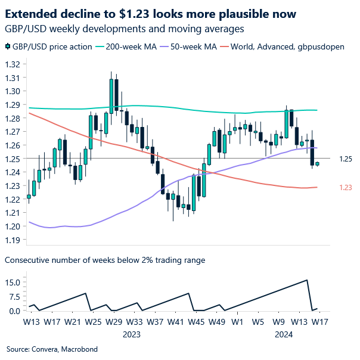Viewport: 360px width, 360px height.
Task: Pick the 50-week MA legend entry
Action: point(193,46)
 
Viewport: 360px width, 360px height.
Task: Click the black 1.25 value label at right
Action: point(345,159)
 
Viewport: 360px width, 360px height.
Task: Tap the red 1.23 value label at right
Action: point(345,187)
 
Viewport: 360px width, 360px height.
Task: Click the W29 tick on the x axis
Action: point(113,322)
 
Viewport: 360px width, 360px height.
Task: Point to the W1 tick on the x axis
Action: point(237,322)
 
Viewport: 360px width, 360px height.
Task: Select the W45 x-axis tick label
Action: point(195,322)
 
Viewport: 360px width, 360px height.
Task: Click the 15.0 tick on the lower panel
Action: point(14,283)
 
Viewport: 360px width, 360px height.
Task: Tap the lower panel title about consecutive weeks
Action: point(105,260)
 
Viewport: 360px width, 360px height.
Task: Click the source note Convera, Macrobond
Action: point(52,349)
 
